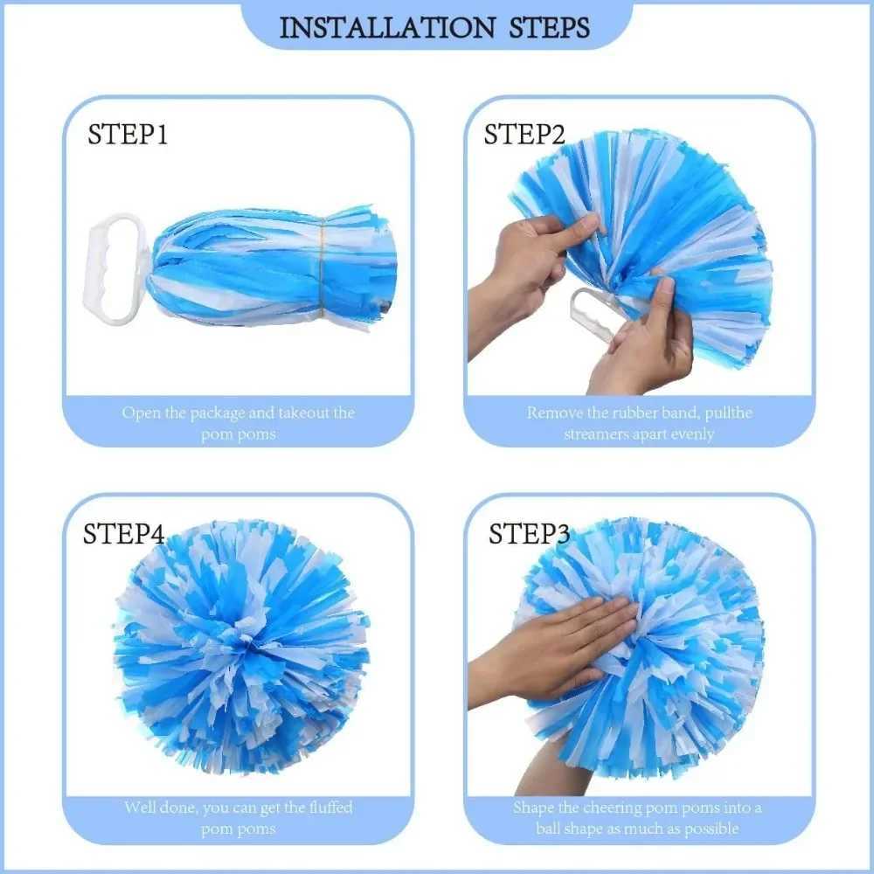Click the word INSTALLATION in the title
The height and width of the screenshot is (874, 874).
(x=386, y=27)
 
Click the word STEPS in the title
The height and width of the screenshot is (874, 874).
(x=549, y=27)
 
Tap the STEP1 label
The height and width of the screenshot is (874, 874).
(x=127, y=135)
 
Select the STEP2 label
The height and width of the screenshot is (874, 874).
(x=524, y=135)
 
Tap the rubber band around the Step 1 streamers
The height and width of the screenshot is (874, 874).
(x=323, y=269)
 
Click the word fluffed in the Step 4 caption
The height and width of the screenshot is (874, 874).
(x=330, y=807)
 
